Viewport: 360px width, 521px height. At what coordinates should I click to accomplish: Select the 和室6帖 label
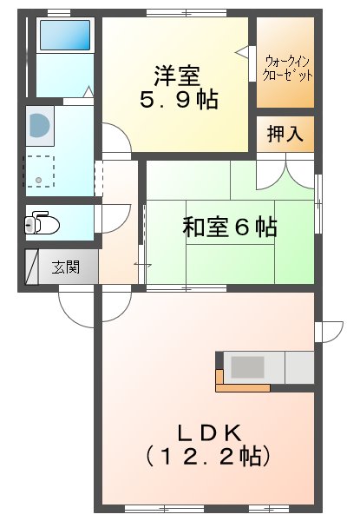[229, 228]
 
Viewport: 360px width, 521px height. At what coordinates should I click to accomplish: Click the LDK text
[208, 432]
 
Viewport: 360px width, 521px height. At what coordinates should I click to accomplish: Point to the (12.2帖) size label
[208, 454]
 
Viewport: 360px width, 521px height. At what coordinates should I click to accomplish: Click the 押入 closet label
[285, 134]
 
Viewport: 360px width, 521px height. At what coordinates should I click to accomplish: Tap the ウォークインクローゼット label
[288, 68]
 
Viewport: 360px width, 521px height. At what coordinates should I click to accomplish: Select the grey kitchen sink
[246, 367]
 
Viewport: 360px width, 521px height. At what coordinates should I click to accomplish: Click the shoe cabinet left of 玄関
[31, 267]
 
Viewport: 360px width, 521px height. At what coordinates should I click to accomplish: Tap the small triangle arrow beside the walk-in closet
[241, 54]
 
